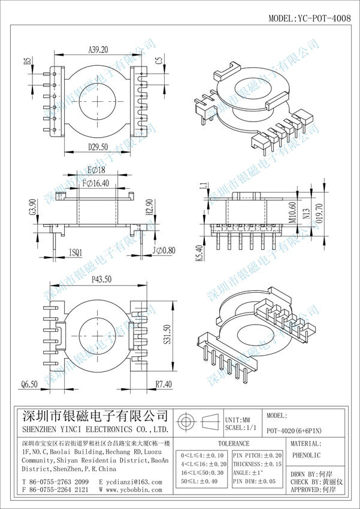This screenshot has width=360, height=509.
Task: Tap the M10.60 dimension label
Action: (x=293, y=213)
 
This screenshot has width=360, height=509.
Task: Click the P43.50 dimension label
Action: (x=102, y=279)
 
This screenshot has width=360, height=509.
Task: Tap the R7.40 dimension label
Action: (x=164, y=383)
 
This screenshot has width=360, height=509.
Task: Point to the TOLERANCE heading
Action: (x=233, y=444)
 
